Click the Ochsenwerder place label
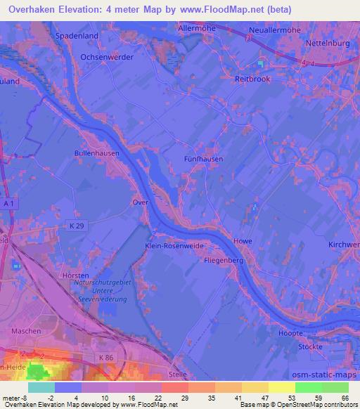[106, 56]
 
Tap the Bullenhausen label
[96, 152]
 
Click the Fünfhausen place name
[203, 159]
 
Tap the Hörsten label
[75, 275]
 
